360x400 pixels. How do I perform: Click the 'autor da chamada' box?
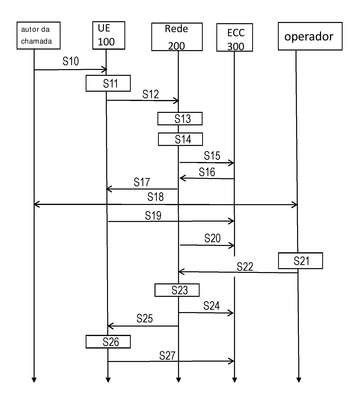[39, 36]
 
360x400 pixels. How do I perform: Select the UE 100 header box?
[109, 36]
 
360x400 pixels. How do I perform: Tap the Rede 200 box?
[177, 37]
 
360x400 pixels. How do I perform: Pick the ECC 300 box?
[234, 37]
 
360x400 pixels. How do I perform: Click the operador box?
[310, 36]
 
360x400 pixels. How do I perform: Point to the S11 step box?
[108, 83]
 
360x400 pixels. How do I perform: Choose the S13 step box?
[180, 119]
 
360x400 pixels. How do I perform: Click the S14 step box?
[180, 139]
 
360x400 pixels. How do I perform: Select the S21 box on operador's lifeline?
[301, 261]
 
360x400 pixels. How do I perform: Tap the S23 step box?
[177, 290]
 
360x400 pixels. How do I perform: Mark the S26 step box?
[108, 342]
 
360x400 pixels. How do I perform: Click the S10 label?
[71, 61]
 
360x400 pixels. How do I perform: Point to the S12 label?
[151, 94]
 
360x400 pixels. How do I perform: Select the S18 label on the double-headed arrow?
[156, 197]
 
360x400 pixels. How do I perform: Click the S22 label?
[245, 267]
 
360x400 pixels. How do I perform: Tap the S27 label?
[167, 356]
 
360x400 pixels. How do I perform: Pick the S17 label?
[142, 182]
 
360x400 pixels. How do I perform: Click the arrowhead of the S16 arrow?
[182, 178]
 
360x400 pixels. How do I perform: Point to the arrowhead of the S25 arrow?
[110, 326]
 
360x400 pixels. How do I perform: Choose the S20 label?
[213, 238]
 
